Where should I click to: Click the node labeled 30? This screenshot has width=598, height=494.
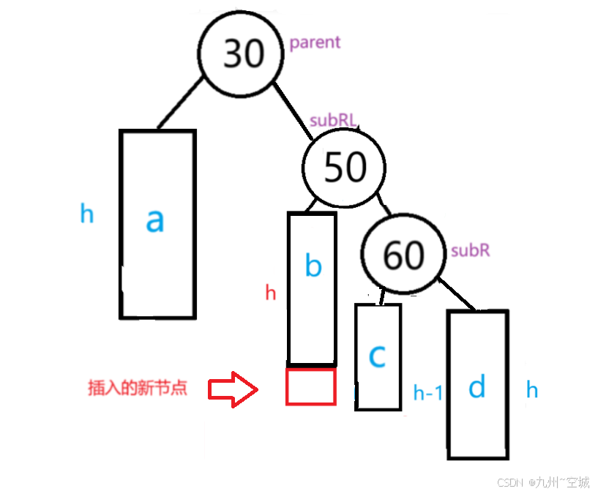[x=243, y=53]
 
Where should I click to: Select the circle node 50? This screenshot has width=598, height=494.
[x=345, y=168]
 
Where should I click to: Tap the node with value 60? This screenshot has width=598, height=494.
[x=403, y=254]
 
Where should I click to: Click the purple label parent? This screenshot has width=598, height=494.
[x=315, y=42]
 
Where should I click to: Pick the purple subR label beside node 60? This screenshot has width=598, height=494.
[x=470, y=250]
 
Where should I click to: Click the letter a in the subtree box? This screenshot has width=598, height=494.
[x=154, y=220]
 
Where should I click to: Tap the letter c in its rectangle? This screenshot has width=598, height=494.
[x=377, y=356]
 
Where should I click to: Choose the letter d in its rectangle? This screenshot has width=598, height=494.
[x=476, y=386]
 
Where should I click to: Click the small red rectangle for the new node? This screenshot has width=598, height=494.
[x=311, y=386]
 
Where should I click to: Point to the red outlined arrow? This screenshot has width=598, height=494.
[x=233, y=389]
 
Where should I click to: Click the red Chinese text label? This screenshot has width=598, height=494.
[x=138, y=388]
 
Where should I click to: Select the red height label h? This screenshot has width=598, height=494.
[x=271, y=293]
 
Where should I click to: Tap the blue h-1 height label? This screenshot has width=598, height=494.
[x=428, y=393]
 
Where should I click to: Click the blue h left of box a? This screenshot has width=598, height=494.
[x=87, y=214]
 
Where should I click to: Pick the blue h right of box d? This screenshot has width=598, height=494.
[x=532, y=390]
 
